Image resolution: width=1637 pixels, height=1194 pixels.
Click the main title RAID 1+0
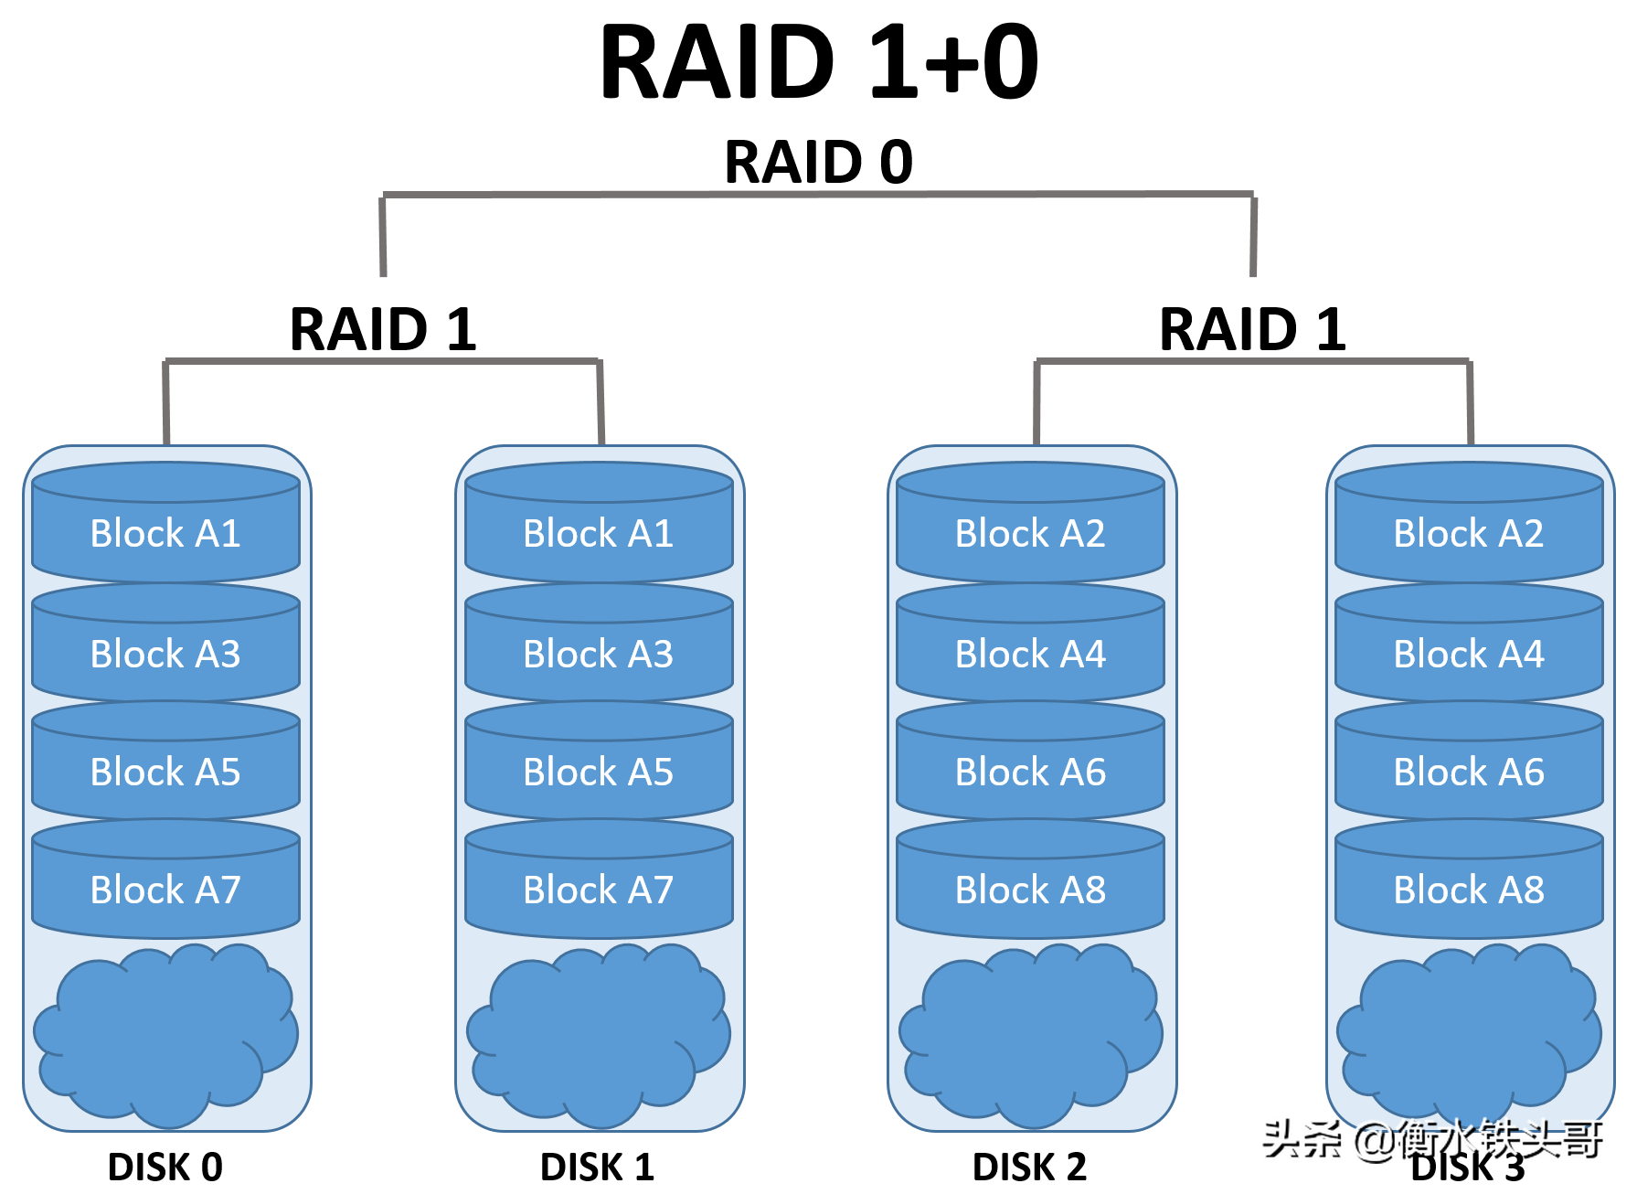(x=818, y=62)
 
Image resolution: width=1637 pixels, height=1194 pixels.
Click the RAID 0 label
(x=818, y=162)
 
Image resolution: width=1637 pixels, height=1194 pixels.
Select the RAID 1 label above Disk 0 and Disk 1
(x=383, y=329)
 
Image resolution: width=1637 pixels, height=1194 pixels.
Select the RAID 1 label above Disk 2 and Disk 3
(x=1252, y=329)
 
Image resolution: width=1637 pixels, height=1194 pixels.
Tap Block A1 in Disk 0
(x=165, y=533)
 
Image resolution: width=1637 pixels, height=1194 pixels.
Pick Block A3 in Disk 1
(x=598, y=654)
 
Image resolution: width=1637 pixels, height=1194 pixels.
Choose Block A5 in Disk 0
(x=165, y=772)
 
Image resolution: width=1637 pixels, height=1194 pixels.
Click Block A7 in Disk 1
(x=598, y=890)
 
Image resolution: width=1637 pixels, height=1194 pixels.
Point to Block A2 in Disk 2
(x=1030, y=533)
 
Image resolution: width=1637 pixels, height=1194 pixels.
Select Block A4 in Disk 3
(x=1469, y=654)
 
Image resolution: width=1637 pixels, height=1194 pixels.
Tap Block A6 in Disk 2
(x=1030, y=772)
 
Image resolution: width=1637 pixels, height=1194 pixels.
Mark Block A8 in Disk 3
(x=1469, y=890)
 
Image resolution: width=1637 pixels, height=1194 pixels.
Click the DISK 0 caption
(x=165, y=1167)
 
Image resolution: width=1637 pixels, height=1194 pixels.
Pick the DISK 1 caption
(x=598, y=1167)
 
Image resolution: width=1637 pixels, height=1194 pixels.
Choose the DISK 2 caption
(x=1030, y=1167)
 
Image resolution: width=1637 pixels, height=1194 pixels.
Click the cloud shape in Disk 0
(x=165, y=1033)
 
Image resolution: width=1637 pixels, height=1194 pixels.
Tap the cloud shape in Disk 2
(x=1030, y=1033)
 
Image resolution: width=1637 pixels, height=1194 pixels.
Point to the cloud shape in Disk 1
(x=598, y=1033)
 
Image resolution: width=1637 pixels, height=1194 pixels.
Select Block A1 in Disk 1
(x=598, y=533)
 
